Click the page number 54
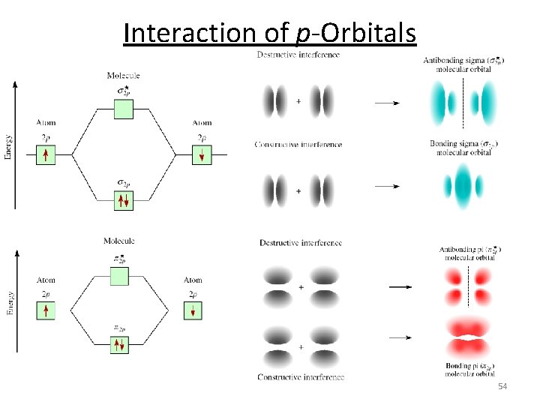(502, 385)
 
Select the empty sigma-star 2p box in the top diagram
(124, 109)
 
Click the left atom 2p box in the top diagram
(46, 155)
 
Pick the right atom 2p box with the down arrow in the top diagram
(202, 155)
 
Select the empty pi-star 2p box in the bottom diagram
(119, 276)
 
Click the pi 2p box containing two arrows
(119, 344)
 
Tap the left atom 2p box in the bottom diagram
(46, 310)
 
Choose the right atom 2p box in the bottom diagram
(193, 310)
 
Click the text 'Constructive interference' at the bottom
(301, 376)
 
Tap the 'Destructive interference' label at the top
(298, 55)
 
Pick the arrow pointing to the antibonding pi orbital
(400, 286)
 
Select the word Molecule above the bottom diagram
(119, 241)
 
